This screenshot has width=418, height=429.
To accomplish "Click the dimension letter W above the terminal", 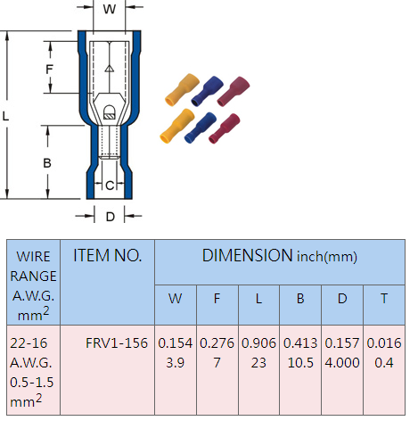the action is click(x=110, y=9).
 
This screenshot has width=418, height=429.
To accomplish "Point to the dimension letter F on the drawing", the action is click(x=49, y=70).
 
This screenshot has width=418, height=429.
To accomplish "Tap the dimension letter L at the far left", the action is click(x=5, y=116).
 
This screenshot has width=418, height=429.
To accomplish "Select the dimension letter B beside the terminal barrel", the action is click(x=47, y=163).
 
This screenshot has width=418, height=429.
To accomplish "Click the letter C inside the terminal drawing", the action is click(x=110, y=186).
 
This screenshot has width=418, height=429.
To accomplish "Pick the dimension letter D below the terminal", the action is click(x=111, y=217).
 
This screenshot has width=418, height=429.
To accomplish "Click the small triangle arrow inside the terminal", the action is click(x=110, y=69).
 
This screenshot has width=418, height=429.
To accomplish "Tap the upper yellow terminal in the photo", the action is click(x=182, y=89).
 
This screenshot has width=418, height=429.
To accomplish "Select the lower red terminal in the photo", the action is click(x=225, y=128).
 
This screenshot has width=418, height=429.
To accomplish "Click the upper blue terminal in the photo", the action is click(x=207, y=91).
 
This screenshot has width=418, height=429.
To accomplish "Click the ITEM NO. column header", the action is click(x=107, y=255).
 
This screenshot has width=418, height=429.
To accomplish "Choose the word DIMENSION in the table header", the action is click(x=247, y=255).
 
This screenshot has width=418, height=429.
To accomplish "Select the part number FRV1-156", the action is click(x=117, y=343).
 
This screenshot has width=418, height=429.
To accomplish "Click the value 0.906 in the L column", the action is click(x=258, y=343).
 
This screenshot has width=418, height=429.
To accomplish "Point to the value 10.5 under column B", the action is click(x=300, y=363).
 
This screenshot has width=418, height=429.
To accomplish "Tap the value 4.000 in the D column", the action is click(x=342, y=363).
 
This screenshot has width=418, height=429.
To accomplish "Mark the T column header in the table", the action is click(x=384, y=299).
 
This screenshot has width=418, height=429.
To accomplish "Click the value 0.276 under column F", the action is click(x=217, y=343).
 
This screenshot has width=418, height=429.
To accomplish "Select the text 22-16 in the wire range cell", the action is click(x=29, y=343).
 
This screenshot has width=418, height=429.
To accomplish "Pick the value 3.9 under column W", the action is click(x=176, y=363).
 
